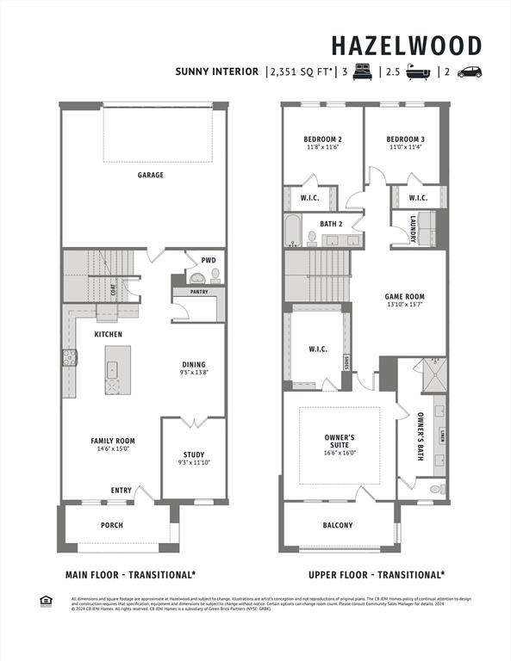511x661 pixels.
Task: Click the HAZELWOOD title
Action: coord(407,45)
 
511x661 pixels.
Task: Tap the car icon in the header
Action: coord(470,72)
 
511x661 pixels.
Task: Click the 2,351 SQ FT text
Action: coord(300,72)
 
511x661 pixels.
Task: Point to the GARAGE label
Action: coord(150,175)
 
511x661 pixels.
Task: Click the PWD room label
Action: coord(209,259)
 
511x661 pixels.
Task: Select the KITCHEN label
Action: coord(109,334)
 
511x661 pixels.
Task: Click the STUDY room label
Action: coord(193,454)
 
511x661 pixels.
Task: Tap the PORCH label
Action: coord(112,525)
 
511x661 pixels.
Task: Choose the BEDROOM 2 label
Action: coord(322,139)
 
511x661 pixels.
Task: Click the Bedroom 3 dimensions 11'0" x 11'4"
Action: coord(405,147)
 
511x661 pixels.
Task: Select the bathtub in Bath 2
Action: coord(293,231)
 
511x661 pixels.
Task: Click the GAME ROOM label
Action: coord(404,297)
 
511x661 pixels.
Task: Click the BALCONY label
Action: coord(338,525)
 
